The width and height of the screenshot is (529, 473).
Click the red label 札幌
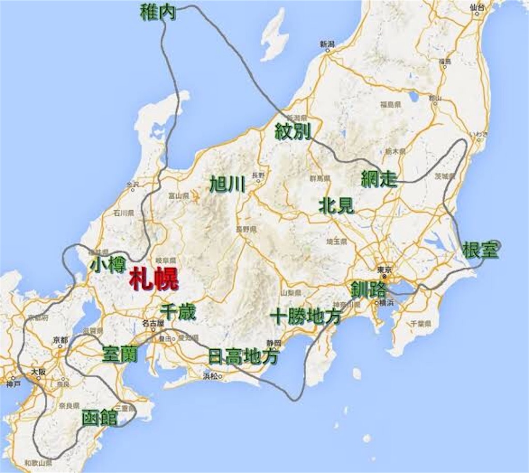[154, 279]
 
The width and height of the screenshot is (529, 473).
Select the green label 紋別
[293, 131]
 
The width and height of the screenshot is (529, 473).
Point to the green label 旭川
[228, 184]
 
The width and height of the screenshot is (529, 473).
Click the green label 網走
[379, 179]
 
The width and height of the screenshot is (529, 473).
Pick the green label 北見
[336, 205]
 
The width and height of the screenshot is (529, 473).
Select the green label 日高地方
[243, 356]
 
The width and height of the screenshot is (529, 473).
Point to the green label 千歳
[178, 312]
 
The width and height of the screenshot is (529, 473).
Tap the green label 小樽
[108, 264]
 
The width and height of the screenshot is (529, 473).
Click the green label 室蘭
[120, 353]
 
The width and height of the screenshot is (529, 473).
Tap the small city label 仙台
[478, 7]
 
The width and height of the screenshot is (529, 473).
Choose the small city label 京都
[60, 340]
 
